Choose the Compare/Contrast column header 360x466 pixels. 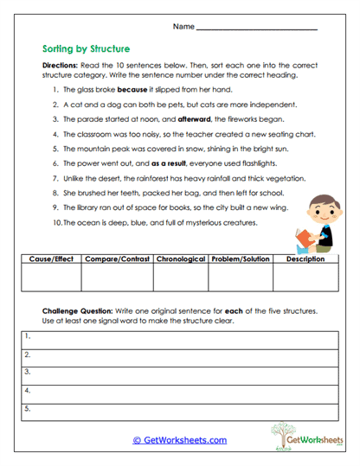116,259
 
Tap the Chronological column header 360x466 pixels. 180,259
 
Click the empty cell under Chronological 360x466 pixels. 180,277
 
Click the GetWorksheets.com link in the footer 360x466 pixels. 179,440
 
